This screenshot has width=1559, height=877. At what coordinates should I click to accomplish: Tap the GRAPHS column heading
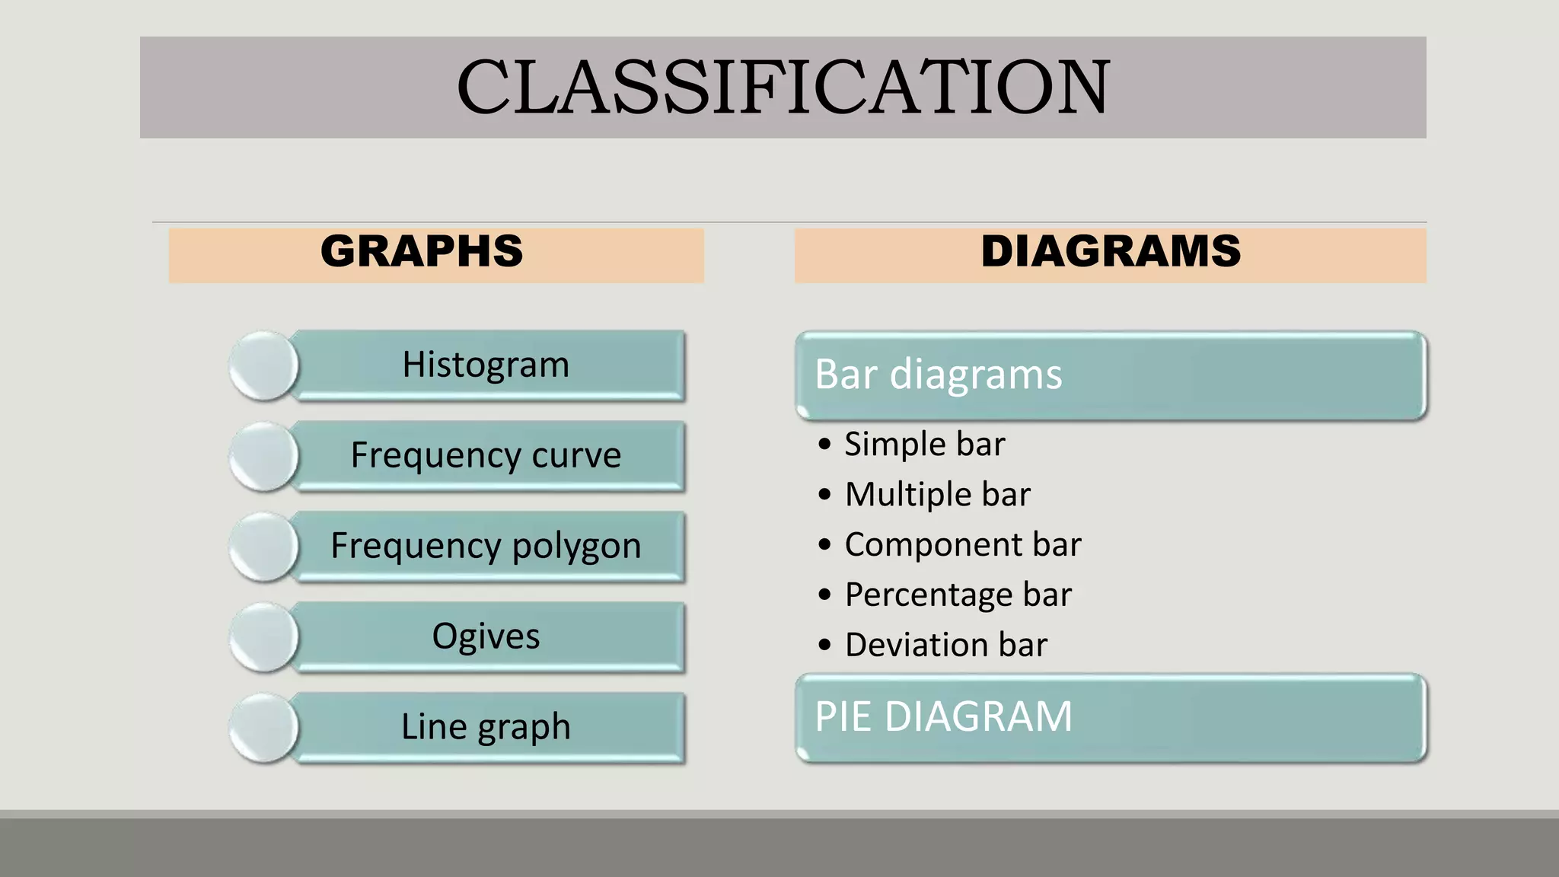pyautogui.click(x=422, y=251)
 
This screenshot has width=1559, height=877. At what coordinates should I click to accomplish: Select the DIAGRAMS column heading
pyautogui.click(x=1111, y=251)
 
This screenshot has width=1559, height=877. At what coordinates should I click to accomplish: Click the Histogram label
pyautogui.click(x=486, y=365)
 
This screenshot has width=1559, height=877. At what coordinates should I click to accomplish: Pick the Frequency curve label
pyautogui.click(x=486, y=455)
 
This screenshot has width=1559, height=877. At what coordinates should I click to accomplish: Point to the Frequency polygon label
pyautogui.click(x=486, y=546)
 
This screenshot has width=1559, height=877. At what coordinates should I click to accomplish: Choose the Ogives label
pyautogui.click(x=486, y=636)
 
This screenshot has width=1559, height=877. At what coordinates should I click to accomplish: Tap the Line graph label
pyautogui.click(x=486, y=727)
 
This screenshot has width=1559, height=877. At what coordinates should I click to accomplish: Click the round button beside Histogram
pyautogui.click(x=263, y=365)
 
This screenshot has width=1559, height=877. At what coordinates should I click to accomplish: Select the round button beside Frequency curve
pyautogui.click(x=263, y=456)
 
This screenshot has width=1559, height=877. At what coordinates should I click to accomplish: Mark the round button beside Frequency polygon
pyautogui.click(x=263, y=547)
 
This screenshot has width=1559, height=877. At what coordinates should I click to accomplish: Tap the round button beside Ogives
pyautogui.click(x=263, y=637)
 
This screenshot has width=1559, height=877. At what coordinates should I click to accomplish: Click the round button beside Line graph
pyautogui.click(x=263, y=728)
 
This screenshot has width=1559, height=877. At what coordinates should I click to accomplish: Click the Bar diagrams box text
pyautogui.click(x=938, y=375)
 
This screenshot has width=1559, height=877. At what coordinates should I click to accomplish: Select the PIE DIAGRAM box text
pyautogui.click(x=943, y=716)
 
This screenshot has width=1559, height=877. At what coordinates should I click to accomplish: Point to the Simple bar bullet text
pyautogui.click(x=924, y=444)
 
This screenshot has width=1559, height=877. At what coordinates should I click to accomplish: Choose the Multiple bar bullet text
pyautogui.click(x=937, y=494)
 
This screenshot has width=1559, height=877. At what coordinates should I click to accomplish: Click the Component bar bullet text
pyautogui.click(x=962, y=544)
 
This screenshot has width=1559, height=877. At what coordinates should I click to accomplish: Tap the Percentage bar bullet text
pyautogui.click(x=958, y=595)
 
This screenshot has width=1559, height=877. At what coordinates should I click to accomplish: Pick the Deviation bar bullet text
pyautogui.click(x=945, y=645)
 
